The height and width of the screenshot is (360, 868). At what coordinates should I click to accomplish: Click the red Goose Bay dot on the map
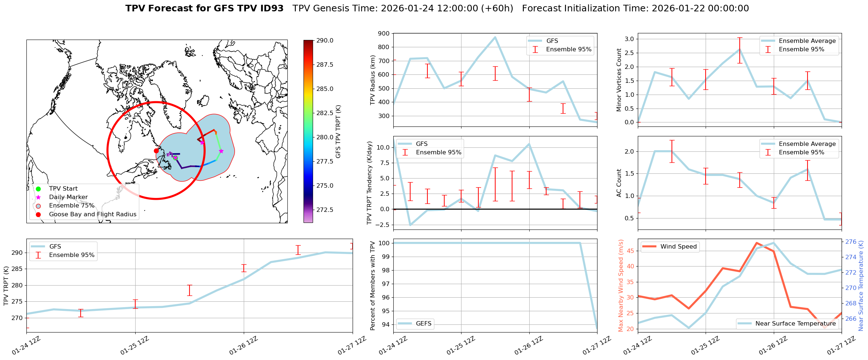(x=156, y=151)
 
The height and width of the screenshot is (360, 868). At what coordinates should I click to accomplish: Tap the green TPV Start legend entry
(x=63, y=189)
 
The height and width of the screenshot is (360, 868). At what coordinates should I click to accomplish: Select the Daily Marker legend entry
(x=68, y=197)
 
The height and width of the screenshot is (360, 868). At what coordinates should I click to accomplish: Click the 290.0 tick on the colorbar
(x=325, y=40)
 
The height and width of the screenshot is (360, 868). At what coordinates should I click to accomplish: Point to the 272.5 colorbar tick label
(x=325, y=210)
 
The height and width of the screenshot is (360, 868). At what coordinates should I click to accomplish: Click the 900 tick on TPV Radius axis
(x=384, y=33)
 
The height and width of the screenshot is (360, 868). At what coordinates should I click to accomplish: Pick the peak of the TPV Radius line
(x=495, y=37)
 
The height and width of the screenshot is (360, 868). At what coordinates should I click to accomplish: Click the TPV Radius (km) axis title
(x=373, y=80)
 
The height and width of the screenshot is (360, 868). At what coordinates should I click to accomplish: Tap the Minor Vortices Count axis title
(x=619, y=80)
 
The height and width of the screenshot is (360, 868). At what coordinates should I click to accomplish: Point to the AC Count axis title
(x=619, y=183)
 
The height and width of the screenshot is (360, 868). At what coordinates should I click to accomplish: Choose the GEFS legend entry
(x=423, y=323)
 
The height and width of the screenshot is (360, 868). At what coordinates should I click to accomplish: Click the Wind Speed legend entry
(x=678, y=247)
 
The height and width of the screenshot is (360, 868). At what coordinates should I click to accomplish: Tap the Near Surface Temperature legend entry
(x=795, y=323)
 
